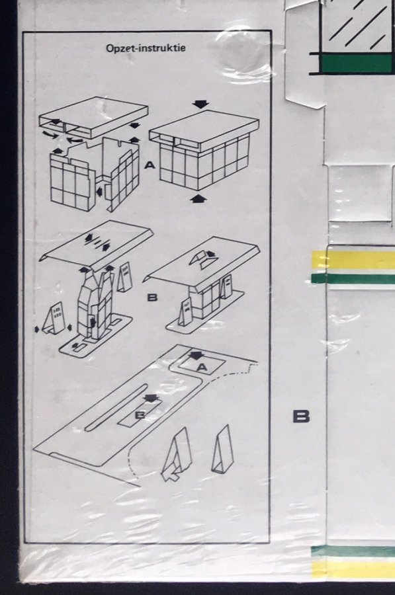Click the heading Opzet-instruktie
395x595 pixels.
tap(146, 48)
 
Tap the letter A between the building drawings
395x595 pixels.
tap(150, 165)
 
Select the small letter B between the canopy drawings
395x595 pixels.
tap(152, 297)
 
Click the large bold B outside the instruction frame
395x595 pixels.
tap(301, 416)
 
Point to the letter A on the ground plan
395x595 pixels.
tap(202, 367)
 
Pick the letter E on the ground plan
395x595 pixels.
tap(140, 415)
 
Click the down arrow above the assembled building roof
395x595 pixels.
tap(200, 104)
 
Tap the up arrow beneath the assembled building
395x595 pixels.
tap(197, 198)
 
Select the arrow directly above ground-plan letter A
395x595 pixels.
tap(197, 356)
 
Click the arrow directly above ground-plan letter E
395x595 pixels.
tap(151, 398)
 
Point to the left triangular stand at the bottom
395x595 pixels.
tap(177, 454)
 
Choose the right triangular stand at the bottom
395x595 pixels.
tap(222, 450)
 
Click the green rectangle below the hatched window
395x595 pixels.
tap(356, 63)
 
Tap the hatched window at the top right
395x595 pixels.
tap(357, 25)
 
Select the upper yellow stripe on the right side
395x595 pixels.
tap(353, 260)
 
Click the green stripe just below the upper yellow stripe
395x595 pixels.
tap(353, 278)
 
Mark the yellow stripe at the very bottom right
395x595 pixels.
tap(353, 571)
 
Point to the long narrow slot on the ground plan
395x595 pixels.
tap(116, 407)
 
